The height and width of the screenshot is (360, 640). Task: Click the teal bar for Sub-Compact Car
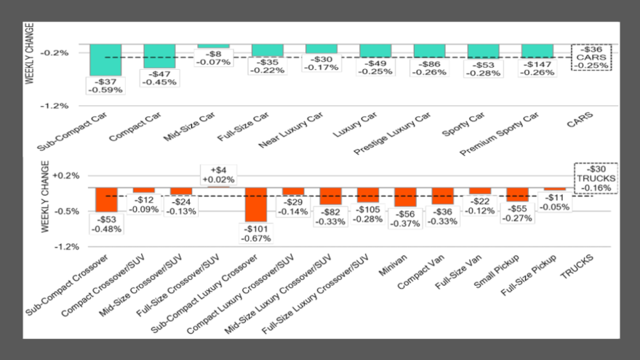click(105, 59)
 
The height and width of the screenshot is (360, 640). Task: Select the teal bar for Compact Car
click(159, 55)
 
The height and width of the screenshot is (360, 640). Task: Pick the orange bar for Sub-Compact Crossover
click(106, 199)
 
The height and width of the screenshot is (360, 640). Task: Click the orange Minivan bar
click(405, 197)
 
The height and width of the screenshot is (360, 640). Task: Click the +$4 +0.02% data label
click(218, 174)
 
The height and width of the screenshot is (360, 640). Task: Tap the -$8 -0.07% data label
click(213, 57)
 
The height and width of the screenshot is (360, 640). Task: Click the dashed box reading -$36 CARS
click(591, 57)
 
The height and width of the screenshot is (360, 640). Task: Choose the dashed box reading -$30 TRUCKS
click(596, 177)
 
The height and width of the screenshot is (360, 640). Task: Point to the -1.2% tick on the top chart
click(55, 105)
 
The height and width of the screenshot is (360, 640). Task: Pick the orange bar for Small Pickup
click(518, 194)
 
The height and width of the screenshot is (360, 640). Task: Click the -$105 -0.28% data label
click(368, 215)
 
